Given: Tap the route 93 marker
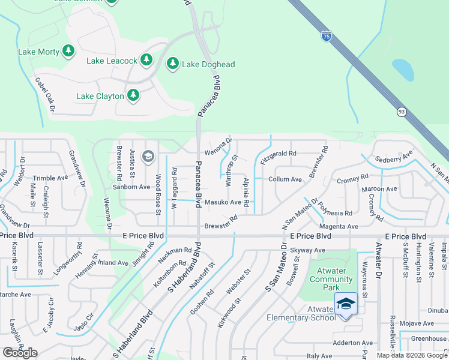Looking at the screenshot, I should click(402, 112).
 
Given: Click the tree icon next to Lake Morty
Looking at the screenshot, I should click(69, 52).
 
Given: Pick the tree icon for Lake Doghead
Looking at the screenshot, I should click(173, 64).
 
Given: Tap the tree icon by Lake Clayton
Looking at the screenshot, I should click(133, 95).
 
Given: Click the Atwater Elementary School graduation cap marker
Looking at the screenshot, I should click(346, 305).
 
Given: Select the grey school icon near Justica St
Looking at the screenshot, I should click(148, 157).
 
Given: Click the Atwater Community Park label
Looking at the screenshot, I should click(331, 279).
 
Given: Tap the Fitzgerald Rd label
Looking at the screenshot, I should click(279, 154).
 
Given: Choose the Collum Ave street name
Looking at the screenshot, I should click(285, 179).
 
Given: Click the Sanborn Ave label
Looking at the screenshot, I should click(132, 187).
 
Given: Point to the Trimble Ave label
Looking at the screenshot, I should click(50, 178).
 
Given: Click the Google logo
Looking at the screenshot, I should click(20, 353).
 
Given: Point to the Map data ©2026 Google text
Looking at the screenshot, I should click(412, 355).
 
